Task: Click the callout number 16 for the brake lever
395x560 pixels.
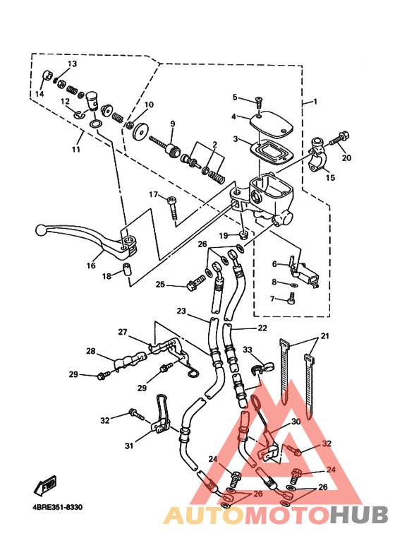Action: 91,266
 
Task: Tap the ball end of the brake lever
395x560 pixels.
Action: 41,230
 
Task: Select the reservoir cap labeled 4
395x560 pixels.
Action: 270,125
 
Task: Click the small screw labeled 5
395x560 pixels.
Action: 259,101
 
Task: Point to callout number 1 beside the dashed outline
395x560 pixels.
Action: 315,102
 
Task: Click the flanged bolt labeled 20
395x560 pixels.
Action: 339,139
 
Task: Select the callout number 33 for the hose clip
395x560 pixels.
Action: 248,350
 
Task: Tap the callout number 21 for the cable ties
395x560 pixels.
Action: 324,336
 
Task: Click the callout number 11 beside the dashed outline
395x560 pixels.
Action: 75,149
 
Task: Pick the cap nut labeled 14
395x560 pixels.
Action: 47,76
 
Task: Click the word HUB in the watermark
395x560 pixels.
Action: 358,515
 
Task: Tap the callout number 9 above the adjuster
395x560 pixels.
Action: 172,124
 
